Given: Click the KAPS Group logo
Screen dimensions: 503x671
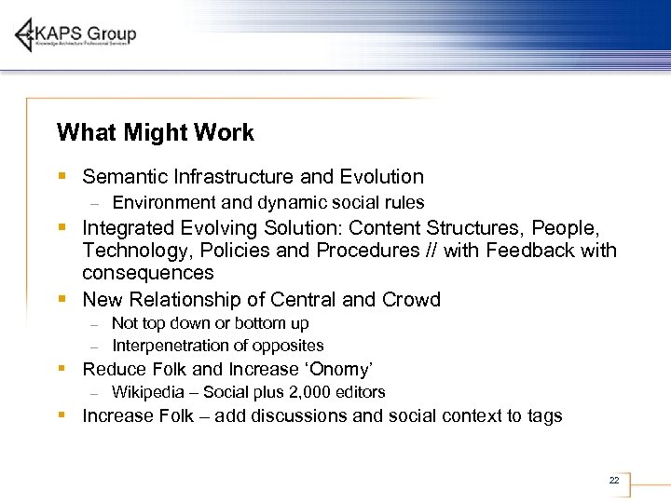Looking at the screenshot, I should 76,35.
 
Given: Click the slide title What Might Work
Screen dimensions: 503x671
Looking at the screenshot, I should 155,133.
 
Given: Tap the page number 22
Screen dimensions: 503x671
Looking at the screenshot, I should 613,480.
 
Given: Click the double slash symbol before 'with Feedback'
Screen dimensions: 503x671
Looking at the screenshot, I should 431,251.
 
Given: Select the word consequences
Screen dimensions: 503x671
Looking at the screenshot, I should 148,273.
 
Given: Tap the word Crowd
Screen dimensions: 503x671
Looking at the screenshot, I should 411,300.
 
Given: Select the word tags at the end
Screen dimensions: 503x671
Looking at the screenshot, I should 543,416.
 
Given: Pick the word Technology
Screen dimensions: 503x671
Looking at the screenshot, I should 132,251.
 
